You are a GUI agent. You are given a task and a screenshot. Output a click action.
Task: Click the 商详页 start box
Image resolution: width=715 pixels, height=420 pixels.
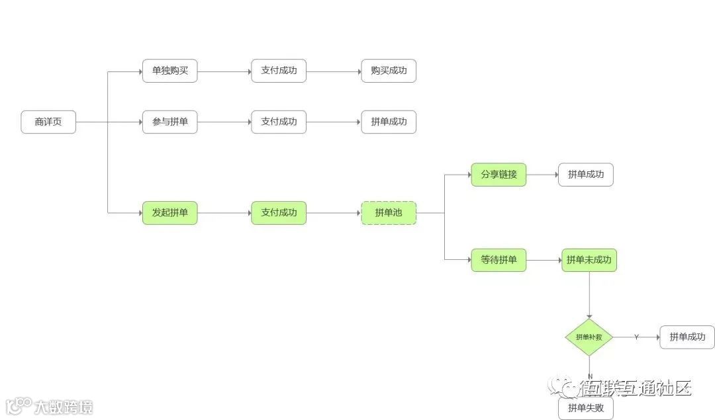pos(48,122)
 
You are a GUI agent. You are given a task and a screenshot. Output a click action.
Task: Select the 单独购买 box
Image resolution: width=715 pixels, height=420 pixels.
pos(170,71)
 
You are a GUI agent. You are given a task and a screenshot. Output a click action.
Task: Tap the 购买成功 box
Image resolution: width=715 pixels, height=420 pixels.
pos(389,71)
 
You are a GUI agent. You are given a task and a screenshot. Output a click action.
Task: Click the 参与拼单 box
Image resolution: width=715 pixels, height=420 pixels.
pos(170,122)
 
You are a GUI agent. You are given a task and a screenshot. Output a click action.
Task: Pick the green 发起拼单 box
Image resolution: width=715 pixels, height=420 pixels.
pos(170,213)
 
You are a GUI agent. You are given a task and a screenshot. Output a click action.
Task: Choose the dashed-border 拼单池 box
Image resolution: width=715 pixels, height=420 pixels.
pos(389,213)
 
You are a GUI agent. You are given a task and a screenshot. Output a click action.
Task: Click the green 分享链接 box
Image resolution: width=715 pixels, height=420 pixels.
pos(499,175)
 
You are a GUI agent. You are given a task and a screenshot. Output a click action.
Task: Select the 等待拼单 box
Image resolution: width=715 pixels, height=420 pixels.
pos(499,260)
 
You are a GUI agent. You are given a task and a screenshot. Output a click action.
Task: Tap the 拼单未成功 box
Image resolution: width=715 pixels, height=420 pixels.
pos(589,260)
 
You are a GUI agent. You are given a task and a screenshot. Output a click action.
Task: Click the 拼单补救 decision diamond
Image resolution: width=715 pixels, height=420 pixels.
pos(589,337)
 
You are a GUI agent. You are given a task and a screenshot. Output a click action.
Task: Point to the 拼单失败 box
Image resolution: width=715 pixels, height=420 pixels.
pos(586,408)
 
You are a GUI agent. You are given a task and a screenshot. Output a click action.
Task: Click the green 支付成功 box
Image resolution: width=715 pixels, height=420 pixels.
pos(279,213)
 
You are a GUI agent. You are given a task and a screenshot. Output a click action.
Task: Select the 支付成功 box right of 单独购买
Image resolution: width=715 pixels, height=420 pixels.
pos(279,71)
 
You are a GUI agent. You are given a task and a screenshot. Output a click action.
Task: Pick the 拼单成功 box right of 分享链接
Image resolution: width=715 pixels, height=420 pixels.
pos(586,175)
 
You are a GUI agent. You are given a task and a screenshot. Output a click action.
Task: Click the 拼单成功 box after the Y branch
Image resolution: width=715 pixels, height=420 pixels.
pos(687,337)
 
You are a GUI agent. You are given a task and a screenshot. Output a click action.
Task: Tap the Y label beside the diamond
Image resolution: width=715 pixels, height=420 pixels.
pos(636,337)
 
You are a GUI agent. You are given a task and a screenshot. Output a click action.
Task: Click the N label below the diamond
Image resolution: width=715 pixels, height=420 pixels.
pos(590,376)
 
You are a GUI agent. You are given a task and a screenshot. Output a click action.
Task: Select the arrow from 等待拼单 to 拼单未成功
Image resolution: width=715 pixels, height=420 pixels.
pos(544,260)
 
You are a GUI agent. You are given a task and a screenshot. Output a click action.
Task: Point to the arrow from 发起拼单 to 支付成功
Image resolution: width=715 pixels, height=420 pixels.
pos(224,213)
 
